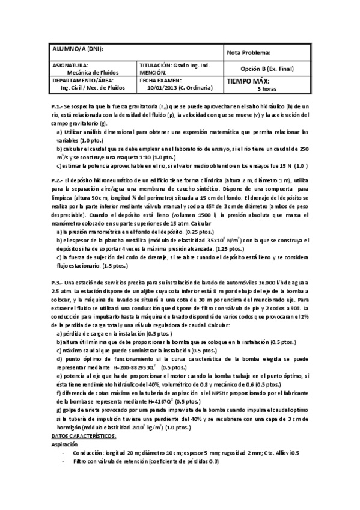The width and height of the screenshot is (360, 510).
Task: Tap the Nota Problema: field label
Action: click(x=249, y=52)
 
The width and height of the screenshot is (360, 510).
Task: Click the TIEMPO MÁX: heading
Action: click(x=248, y=81)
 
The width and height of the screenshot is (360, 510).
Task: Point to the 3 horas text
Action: click(x=266, y=88)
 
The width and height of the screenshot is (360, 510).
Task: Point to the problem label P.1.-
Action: click(x=59, y=106)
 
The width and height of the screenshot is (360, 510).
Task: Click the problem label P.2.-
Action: click(x=59, y=180)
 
